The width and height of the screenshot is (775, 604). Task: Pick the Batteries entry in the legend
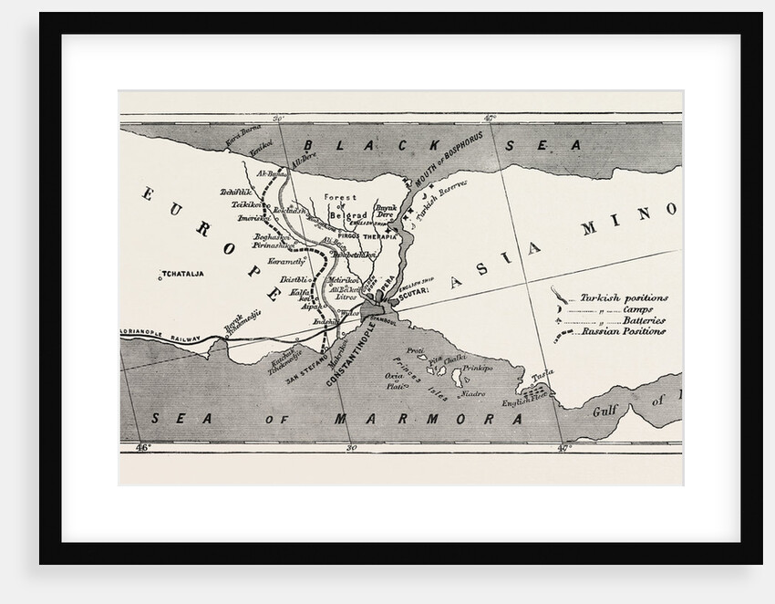click(644, 320)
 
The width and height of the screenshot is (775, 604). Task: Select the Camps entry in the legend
click(638, 309)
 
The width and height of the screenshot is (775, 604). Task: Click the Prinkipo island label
click(479, 368)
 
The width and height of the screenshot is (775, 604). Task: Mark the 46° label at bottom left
click(142, 448)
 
